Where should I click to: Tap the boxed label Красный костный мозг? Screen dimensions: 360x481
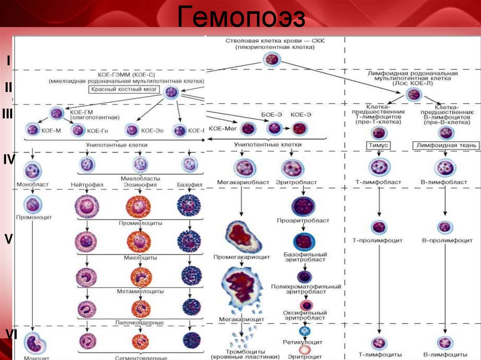pyautogui.click(x=124, y=89)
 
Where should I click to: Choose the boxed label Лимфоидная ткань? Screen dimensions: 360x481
pyautogui.click(x=446, y=146)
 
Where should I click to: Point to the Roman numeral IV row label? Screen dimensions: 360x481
pyautogui.click(x=9, y=160)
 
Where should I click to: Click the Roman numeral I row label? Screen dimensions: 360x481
pyautogui.click(x=8, y=61)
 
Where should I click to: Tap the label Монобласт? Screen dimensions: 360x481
pyautogui.click(x=32, y=185)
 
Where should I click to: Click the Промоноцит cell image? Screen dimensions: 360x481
pyautogui.click(x=33, y=204)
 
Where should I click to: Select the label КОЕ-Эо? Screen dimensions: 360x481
pyautogui.click(x=152, y=131)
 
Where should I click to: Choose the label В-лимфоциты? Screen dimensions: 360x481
pyautogui.click(x=445, y=354)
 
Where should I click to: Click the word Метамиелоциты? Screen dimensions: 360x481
pyautogui.click(x=140, y=291)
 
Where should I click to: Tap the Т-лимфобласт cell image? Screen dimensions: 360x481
pyautogui.click(x=378, y=167)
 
